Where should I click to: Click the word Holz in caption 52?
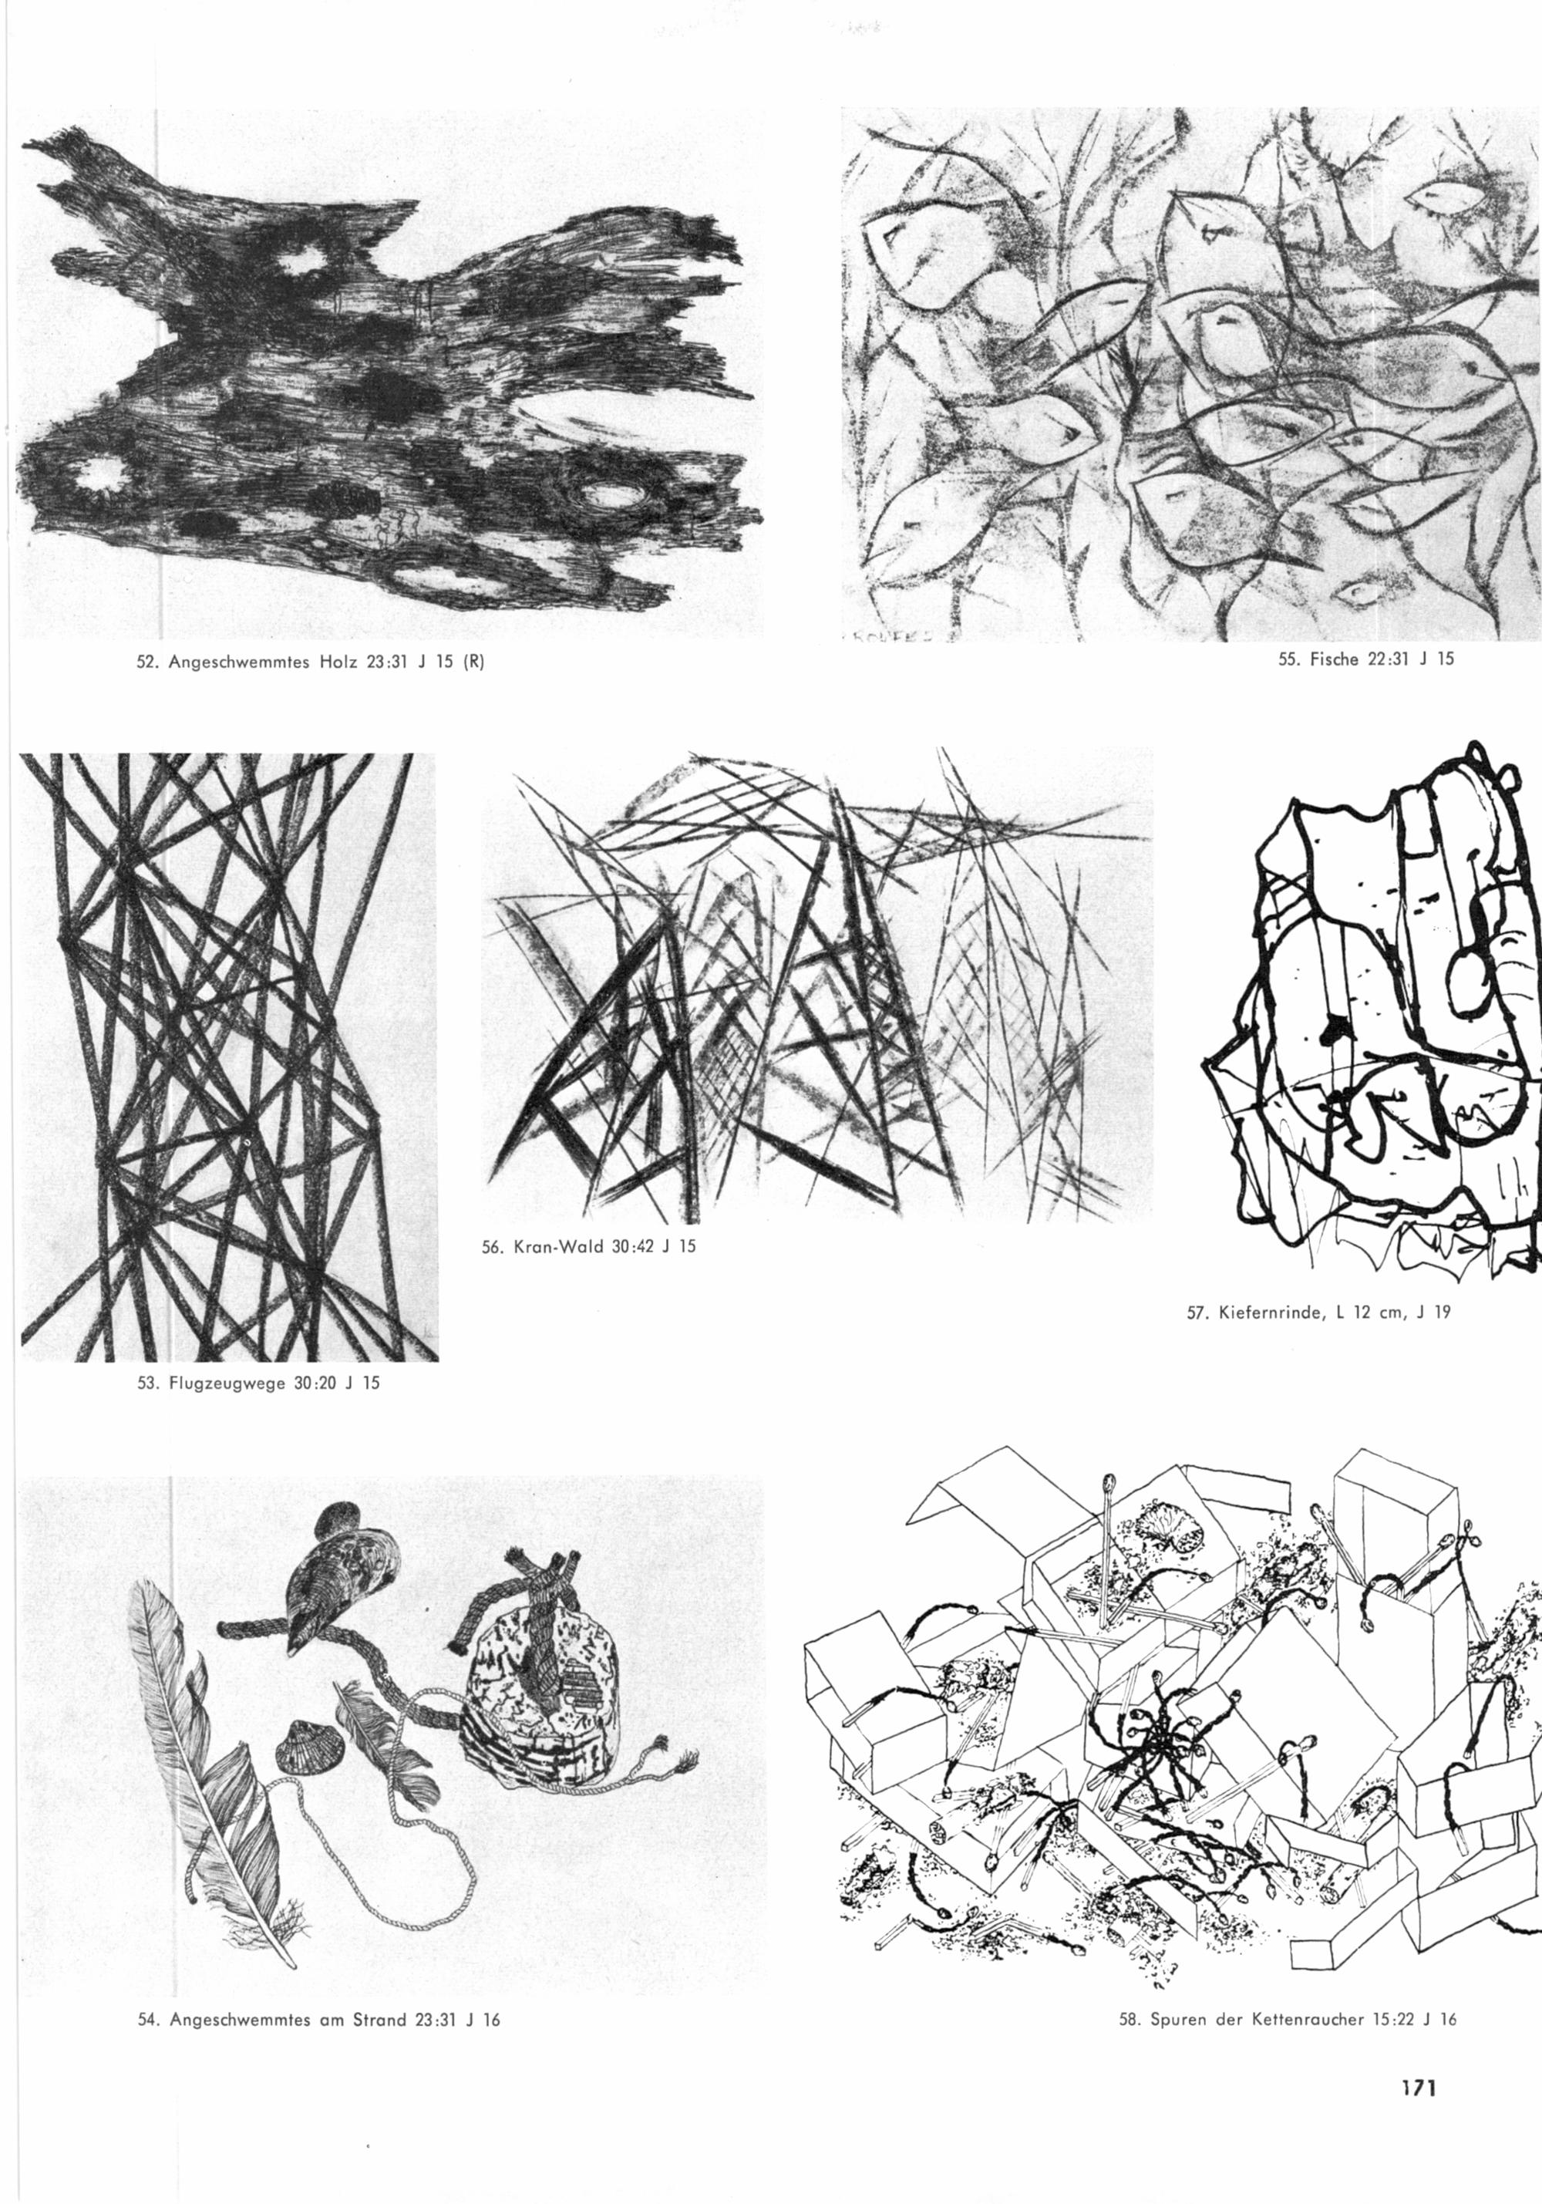click(x=341, y=662)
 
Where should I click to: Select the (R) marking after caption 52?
click(x=474, y=662)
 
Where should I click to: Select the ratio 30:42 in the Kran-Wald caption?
click(x=633, y=1248)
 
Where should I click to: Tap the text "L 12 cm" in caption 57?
click(x=1365, y=1313)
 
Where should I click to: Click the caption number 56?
click(x=492, y=1248)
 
